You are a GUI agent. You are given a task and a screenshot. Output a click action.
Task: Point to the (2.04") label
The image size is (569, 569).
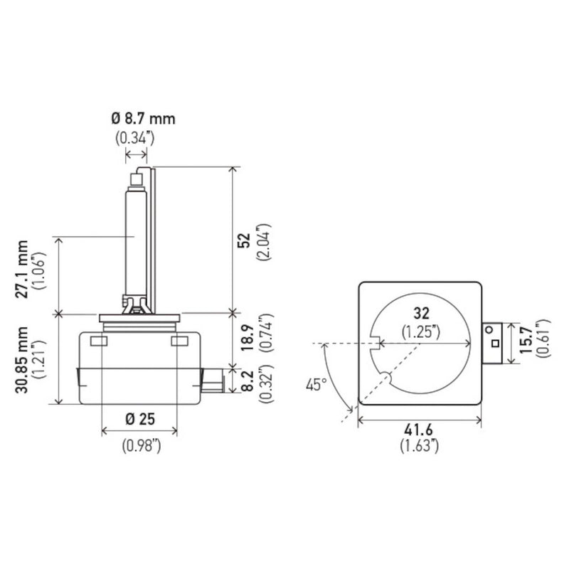[x=267, y=241]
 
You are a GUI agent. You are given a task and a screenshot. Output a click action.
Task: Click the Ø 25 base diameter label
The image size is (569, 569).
[x=140, y=419]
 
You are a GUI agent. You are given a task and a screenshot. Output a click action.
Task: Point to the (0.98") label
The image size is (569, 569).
[x=140, y=445]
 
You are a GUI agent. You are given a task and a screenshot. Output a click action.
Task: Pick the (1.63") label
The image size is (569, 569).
[x=418, y=447]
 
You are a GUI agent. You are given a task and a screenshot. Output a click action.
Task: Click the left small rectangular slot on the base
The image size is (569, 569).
[x=99, y=342]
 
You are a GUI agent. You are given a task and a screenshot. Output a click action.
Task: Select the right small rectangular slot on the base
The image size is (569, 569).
[x=180, y=342]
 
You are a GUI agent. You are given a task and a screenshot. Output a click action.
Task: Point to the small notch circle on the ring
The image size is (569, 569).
[x=385, y=378]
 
